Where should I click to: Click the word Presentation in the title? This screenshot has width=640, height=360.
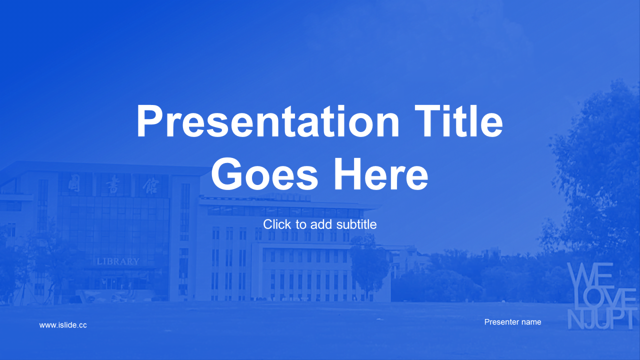click(x=267, y=121)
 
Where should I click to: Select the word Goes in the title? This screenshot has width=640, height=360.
click(x=264, y=174)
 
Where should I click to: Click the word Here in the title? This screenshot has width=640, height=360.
click(x=381, y=174)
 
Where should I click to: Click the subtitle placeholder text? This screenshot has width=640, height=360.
click(x=319, y=224)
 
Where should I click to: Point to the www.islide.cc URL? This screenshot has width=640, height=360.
click(x=63, y=325)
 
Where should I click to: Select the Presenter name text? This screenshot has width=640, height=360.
click(x=512, y=322)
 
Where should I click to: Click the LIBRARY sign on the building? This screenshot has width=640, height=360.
click(x=118, y=261)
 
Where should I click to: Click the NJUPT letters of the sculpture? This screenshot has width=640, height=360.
click(x=601, y=319)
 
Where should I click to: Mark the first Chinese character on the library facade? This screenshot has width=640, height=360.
click(x=74, y=183)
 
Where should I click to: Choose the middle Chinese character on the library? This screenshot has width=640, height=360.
click(x=113, y=184)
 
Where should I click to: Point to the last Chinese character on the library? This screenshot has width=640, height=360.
click(x=151, y=185)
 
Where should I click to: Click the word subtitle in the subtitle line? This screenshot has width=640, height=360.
click(x=356, y=224)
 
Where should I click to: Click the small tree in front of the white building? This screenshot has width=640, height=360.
click(x=369, y=265)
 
